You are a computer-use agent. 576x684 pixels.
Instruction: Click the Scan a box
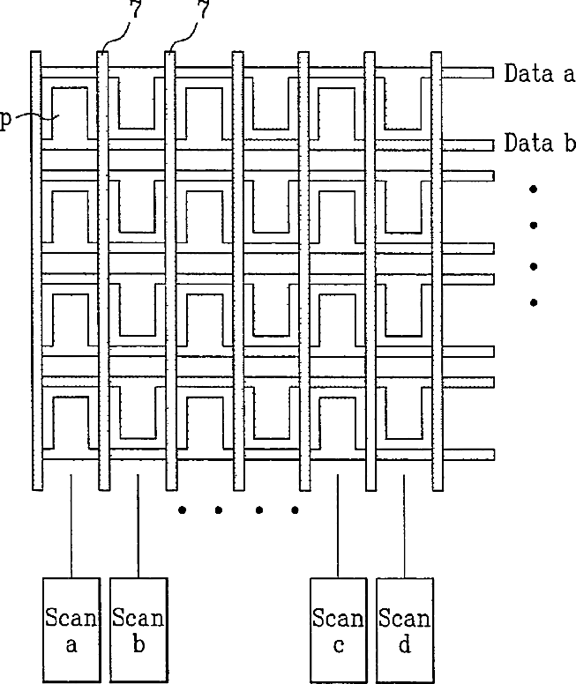click(71, 630)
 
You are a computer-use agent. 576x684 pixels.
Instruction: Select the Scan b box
click(138, 630)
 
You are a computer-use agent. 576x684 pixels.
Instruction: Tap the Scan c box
click(339, 630)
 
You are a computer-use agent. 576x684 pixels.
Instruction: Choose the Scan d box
click(405, 630)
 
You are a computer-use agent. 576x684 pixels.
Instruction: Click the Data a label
click(540, 73)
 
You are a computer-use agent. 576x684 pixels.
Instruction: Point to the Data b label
click(540, 143)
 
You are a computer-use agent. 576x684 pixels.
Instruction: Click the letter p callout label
click(4, 119)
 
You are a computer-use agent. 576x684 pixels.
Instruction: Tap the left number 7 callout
click(135, 9)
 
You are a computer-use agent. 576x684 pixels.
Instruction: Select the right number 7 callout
click(204, 9)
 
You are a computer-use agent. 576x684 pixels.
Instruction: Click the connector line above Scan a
click(71, 526)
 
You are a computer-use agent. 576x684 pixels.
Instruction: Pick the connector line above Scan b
click(138, 526)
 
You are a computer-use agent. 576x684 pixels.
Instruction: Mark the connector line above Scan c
click(338, 526)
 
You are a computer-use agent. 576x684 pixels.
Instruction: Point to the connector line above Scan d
click(404, 526)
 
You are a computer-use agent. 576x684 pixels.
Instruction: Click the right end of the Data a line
click(493, 73)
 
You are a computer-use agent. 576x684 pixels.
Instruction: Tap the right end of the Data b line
click(493, 145)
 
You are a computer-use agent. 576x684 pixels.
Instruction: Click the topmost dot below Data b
click(533, 189)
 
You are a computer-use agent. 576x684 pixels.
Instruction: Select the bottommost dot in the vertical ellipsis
click(533, 302)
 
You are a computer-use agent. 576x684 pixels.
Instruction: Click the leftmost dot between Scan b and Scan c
click(183, 509)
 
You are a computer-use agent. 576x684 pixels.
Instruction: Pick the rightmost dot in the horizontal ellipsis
click(295, 509)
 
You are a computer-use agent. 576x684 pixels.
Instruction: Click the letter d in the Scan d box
click(405, 643)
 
